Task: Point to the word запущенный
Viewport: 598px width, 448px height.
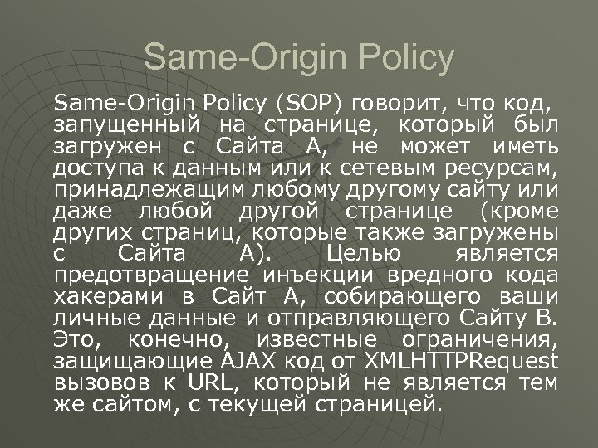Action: tap(128, 126)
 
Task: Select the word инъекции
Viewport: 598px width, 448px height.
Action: tap(309, 275)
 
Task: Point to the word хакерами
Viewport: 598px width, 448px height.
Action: tap(106, 297)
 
